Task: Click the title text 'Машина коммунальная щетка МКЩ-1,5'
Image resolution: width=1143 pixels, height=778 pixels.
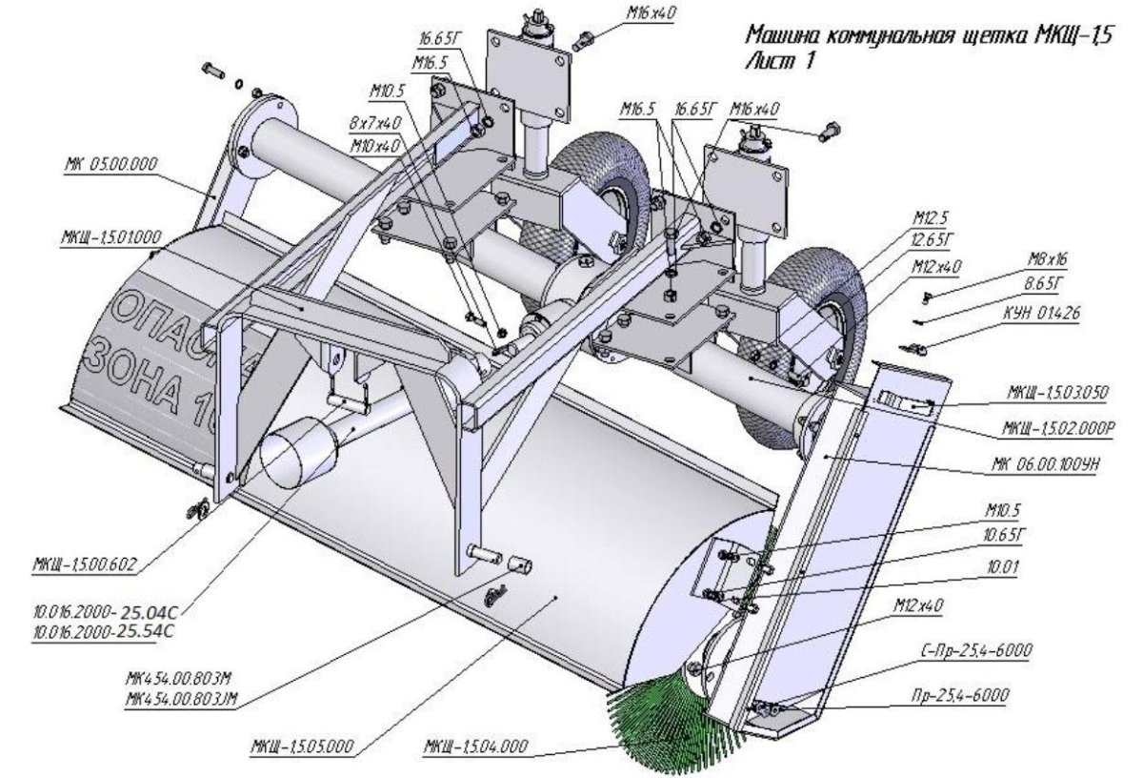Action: pos(928,38)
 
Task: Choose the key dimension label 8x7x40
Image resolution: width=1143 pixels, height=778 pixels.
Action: pos(374,124)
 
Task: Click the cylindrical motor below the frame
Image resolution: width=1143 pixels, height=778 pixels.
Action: pos(296,456)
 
